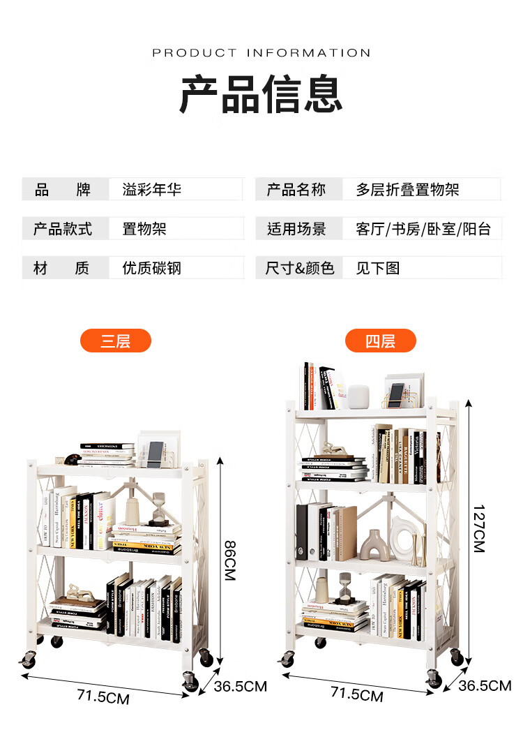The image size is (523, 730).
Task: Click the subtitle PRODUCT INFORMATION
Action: pos(261,53)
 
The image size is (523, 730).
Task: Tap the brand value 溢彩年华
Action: pos(151,189)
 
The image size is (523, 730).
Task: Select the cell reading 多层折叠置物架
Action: pos(407,189)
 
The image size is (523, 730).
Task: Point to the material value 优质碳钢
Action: pos(151,268)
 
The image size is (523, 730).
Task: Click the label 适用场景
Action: pos(296,229)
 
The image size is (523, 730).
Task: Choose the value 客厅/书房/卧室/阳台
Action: pos(423,229)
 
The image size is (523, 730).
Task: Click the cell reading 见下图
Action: pos(377,268)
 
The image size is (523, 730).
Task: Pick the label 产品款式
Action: pos(63,229)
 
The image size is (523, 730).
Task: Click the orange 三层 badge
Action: pos(116,341)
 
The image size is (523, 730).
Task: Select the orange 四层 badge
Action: pos(380,341)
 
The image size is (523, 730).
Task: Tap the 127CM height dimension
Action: pos(478,528)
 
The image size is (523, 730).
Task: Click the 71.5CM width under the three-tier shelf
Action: pos(103,696)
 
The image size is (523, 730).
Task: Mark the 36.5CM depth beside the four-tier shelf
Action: pos(484,685)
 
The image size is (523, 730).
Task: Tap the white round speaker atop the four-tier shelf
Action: pos(358,396)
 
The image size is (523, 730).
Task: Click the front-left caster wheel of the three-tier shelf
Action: pos(28,657)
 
